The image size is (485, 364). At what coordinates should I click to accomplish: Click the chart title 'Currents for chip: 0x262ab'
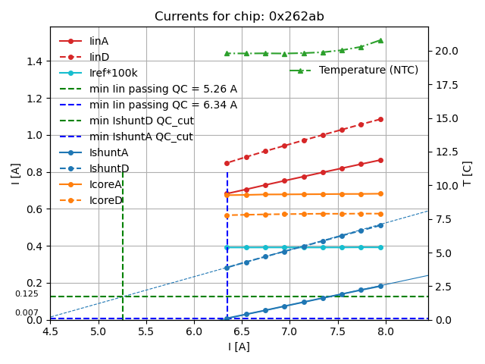coord(239,17)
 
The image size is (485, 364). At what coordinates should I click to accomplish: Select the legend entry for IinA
coord(99,41)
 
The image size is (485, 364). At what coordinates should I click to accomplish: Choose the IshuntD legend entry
coord(109,168)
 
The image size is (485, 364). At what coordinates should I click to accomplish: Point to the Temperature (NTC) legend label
coord(368,70)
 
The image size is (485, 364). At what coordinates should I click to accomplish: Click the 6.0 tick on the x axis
coord(194,331)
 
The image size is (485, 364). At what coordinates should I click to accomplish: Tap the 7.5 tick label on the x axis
coord(337,331)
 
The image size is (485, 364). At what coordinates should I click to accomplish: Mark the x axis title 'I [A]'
coord(239,347)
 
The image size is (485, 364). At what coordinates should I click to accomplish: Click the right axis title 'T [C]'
coord(468,173)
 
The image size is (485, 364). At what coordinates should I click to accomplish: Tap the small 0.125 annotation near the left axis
coord(27,293)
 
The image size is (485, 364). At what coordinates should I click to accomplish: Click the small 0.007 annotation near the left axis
coord(27,312)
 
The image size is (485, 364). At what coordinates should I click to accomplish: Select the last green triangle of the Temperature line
coord(380,40)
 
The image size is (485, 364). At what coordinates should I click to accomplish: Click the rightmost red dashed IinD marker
coord(380,119)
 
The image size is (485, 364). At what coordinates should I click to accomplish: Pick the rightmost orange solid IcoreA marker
coord(380,193)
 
